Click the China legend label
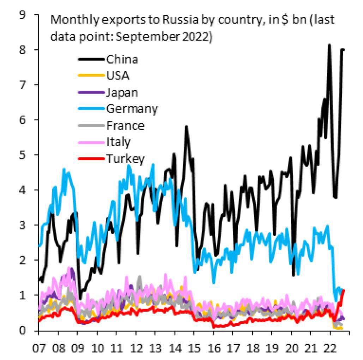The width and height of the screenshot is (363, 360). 122,60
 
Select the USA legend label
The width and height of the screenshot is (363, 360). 117,76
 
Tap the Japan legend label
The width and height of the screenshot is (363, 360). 122,93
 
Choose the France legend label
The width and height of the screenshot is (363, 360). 126,126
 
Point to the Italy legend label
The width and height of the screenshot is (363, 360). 118,142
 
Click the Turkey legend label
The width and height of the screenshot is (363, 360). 126,159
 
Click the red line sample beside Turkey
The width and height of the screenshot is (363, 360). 91,159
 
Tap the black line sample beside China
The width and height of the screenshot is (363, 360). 91,59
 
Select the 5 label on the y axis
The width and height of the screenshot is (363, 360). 23,155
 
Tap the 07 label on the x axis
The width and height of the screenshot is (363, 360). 39,348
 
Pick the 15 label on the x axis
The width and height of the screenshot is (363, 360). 194,348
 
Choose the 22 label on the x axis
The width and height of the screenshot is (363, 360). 330,348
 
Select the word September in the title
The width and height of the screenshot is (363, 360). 147,37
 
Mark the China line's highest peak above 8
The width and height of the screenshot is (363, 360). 329,45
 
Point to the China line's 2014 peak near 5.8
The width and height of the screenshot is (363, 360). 186,127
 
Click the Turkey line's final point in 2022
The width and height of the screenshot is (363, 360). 344,290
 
